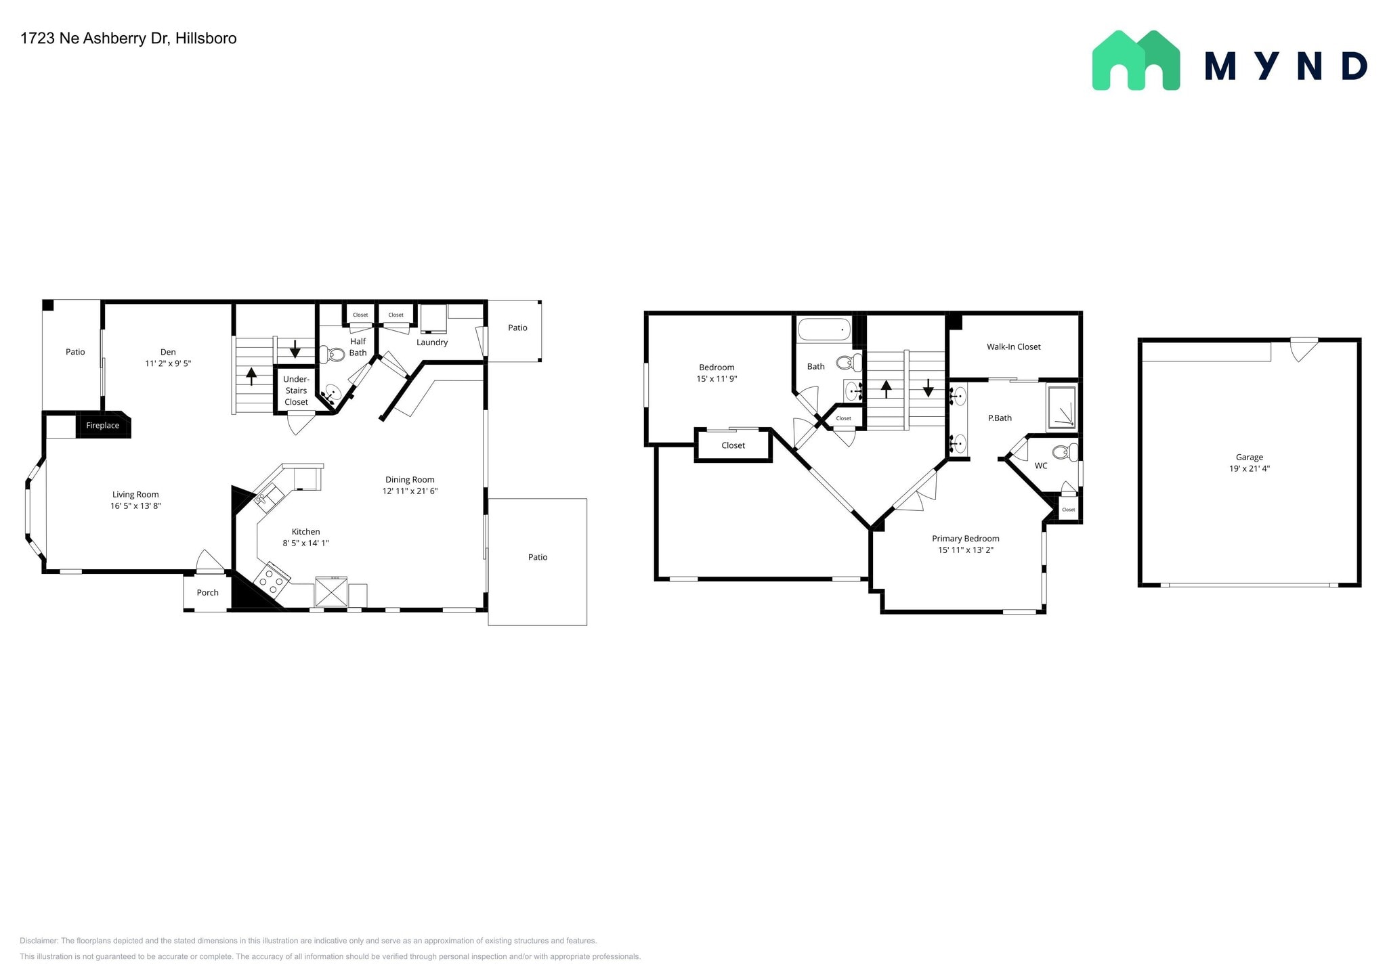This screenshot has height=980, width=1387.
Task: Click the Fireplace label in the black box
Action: [102, 426]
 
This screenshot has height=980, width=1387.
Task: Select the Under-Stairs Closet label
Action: [296, 391]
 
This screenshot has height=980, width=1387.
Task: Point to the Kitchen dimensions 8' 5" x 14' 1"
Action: [305, 543]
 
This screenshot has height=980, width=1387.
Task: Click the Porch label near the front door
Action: [207, 593]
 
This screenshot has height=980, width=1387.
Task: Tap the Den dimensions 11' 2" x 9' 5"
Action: [168, 363]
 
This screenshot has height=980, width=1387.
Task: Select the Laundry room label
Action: [432, 342]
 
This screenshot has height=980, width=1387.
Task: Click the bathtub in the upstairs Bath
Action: [824, 330]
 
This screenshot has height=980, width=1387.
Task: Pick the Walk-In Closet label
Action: [1013, 347]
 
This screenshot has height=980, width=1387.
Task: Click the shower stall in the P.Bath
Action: [1061, 407]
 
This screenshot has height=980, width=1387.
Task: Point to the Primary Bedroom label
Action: [965, 539]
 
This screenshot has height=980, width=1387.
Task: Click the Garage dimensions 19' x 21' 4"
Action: [1249, 468]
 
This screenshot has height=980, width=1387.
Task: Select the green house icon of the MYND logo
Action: [1136, 61]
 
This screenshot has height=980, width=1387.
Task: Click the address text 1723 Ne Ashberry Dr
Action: [94, 39]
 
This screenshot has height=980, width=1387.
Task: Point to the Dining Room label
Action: [410, 480]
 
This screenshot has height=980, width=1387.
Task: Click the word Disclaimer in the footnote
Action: [39, 941]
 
